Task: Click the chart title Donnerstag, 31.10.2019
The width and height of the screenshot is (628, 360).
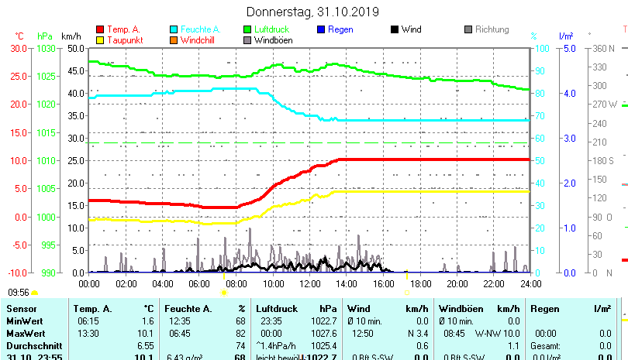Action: [312, 12]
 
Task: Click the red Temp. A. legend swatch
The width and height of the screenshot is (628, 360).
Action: [100, 29]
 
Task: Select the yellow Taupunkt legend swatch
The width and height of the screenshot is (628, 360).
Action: [100, 40]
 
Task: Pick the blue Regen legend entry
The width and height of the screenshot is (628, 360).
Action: [340, 29]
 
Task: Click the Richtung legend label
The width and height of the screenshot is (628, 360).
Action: [492, 29]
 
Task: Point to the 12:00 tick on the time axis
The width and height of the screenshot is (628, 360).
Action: [310, 283]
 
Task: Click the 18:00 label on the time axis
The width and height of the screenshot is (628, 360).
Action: [420, 283]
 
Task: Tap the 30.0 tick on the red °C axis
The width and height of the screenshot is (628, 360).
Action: [18, 48]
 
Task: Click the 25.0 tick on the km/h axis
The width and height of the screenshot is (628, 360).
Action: [75, 160]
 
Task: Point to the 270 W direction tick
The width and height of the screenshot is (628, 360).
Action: [605, 104]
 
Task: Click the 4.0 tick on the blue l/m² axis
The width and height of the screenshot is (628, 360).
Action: [568, 93]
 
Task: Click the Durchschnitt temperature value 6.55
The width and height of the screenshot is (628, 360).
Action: [146, 345]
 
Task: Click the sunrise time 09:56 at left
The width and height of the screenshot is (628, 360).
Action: [19, 293]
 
